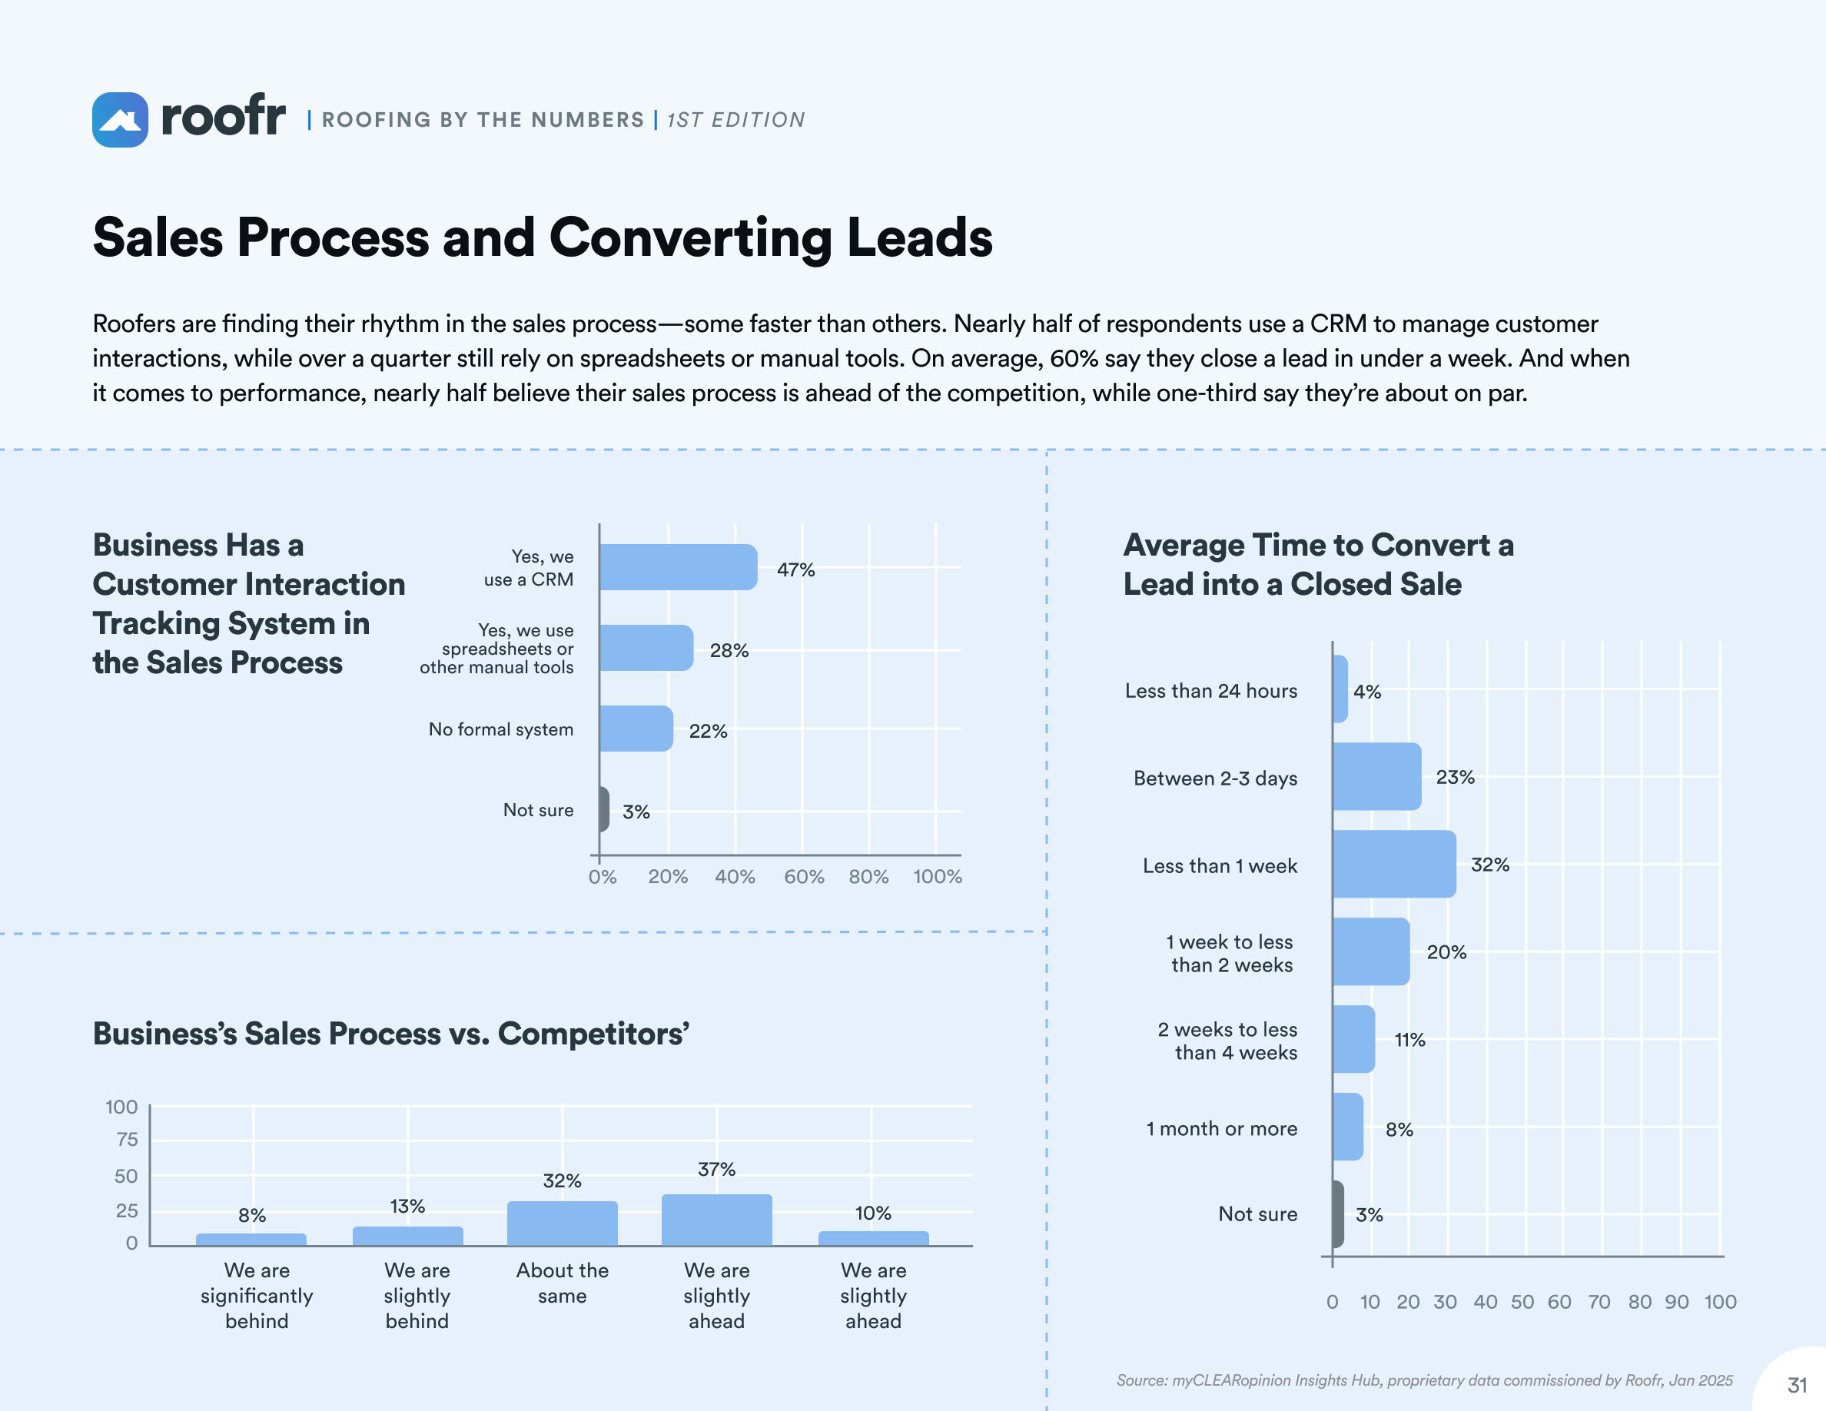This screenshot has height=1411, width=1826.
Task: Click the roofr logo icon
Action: pos(120,120)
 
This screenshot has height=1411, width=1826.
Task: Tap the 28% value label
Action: pos(729,650)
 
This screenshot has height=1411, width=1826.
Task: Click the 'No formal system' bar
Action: pos(636,729)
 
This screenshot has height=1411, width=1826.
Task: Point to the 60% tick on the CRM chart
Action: pos(803,877)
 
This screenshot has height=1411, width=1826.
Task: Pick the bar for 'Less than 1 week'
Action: pos(1394,865)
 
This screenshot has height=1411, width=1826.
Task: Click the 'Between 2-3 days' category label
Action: pos(1215,779)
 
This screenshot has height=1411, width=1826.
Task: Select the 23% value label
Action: pos(1455,778)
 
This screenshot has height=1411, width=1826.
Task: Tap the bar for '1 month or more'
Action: pos(1348,1127)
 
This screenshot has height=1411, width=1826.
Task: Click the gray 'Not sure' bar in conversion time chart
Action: pos(1339,1213)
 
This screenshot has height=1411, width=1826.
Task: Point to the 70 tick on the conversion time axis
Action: pos(1599,1302)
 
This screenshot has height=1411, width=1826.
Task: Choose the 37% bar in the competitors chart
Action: pos(716,1220)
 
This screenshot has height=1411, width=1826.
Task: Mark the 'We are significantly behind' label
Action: pos(257,1296)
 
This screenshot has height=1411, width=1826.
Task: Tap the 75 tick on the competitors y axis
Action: pos(127,1140)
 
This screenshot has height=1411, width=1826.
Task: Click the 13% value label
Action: pos(407,1207)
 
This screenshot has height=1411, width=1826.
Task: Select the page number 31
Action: pos(1797,1385)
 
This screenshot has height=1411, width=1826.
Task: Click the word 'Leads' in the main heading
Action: pos(920,237)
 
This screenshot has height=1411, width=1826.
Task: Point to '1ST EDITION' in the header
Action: pos(735,121)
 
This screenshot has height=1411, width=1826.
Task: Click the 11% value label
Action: pos(1409,1040)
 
